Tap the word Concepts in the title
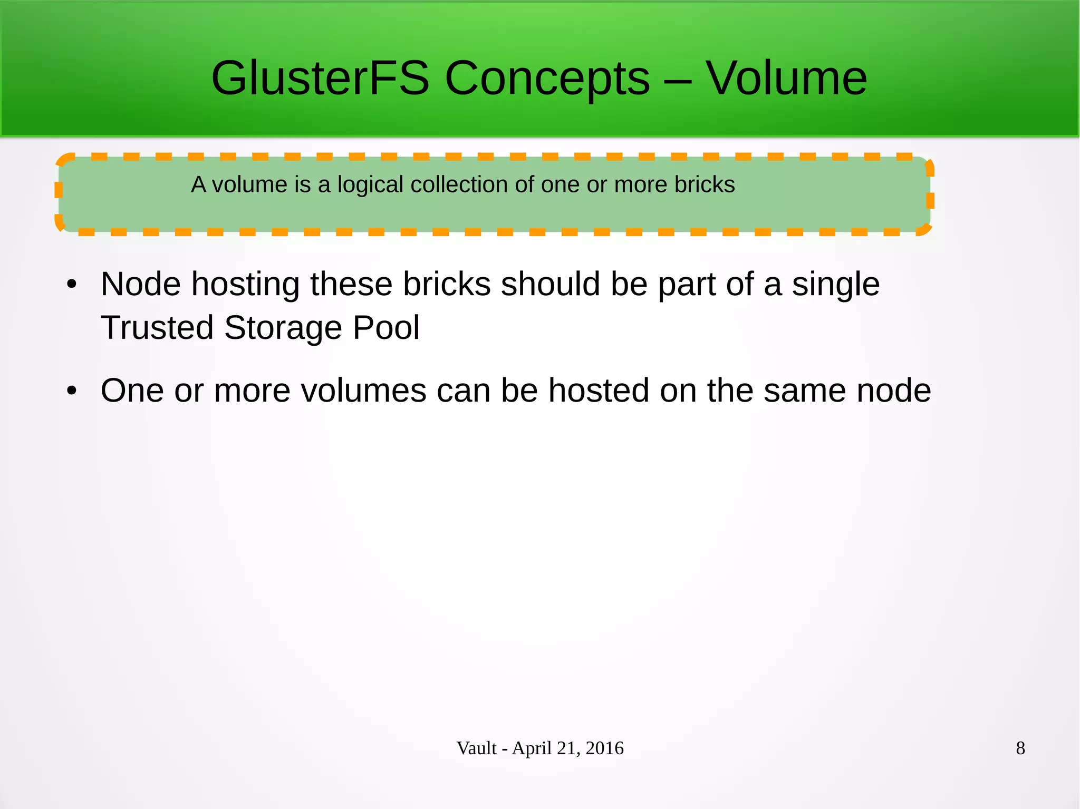[547, 79]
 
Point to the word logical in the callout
[370, 185]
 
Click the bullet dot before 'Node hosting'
[72, 285]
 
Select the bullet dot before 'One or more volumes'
[72, 391]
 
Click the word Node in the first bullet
[140, 284]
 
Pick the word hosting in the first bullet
[246, 285]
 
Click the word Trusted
[157, 328]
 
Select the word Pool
[386, 328]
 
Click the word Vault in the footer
[476, 748]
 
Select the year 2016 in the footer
[604, 748]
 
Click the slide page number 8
[1020, 748]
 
